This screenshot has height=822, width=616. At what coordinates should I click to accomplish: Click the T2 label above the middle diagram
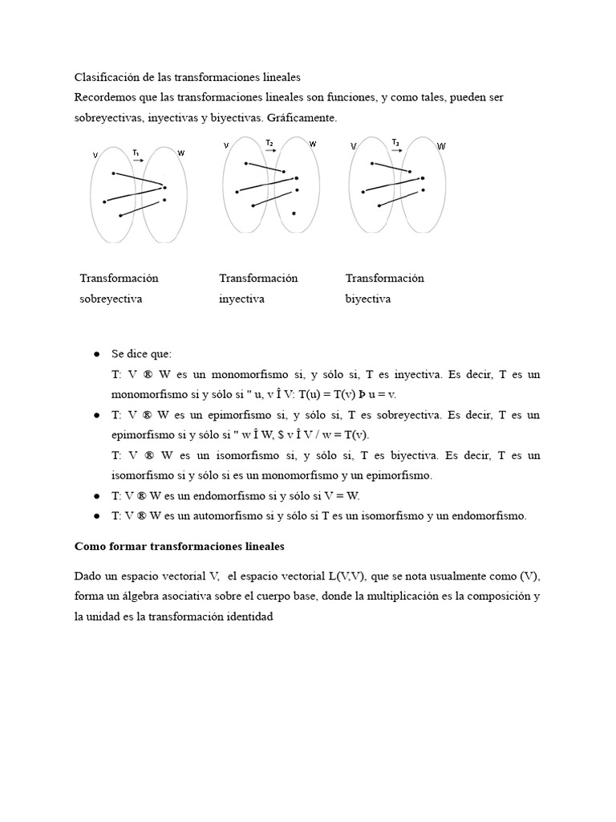[269, 143]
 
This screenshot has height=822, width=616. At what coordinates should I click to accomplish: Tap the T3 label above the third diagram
[395, 142]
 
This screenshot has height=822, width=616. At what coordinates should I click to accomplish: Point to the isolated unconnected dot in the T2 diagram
[294, 214]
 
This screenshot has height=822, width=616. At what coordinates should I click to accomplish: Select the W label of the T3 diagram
[441, 146]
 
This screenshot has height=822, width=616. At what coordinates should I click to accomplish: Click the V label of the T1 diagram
[95, 155]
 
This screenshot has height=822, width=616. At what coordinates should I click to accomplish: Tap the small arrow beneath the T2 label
[269, 151]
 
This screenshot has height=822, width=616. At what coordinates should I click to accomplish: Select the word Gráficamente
[305, 117]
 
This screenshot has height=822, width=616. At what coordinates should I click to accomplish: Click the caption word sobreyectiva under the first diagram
[111, 299]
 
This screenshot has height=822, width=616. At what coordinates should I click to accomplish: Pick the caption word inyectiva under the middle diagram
[241, 299]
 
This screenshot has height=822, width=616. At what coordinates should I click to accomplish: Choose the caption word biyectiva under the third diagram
[368, 299]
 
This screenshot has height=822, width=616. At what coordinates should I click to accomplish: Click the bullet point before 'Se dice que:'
[96, 354]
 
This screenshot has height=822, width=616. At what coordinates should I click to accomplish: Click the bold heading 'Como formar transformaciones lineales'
[180, 546]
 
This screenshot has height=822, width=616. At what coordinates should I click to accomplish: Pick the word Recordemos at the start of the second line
[105, 97]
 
